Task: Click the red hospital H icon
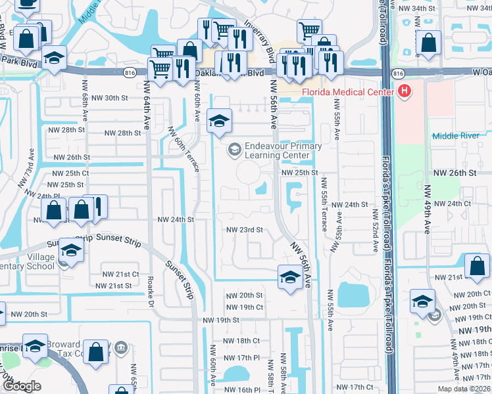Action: click(x=405, y=91)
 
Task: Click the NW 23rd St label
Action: click(x=245, y=230)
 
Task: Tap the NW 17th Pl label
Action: click(x=241, y=358)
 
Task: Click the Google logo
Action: click(x=22, y=386)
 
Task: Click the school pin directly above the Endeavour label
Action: click(x=220, y=121)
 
